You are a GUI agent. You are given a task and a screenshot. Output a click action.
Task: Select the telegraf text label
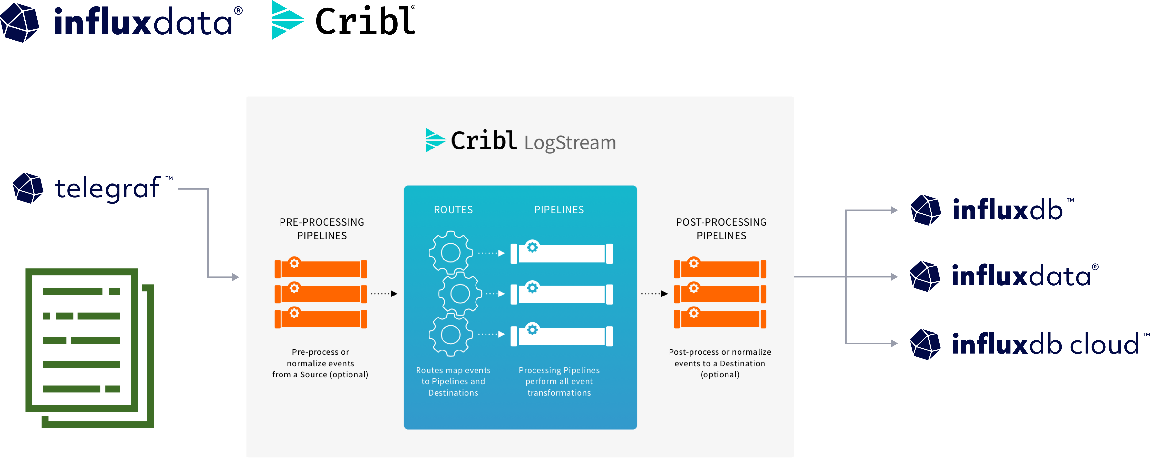click(107, 188)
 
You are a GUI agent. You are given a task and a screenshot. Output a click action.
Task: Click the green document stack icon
click(89, 348)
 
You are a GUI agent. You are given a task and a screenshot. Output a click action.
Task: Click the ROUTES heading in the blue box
click(453, 210)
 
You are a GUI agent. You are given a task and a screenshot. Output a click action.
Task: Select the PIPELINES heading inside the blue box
click(559, 210)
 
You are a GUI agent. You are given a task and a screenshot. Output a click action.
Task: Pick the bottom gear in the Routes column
click(451, 334)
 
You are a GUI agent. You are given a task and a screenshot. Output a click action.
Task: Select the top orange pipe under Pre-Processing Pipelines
click(321, 269)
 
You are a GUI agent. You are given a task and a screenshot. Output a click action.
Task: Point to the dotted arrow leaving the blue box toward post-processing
click(654, 293)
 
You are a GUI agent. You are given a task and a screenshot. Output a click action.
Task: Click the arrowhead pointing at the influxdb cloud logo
click(894, 343)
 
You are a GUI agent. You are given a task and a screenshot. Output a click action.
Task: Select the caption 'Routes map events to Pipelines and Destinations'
click(453, 381)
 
